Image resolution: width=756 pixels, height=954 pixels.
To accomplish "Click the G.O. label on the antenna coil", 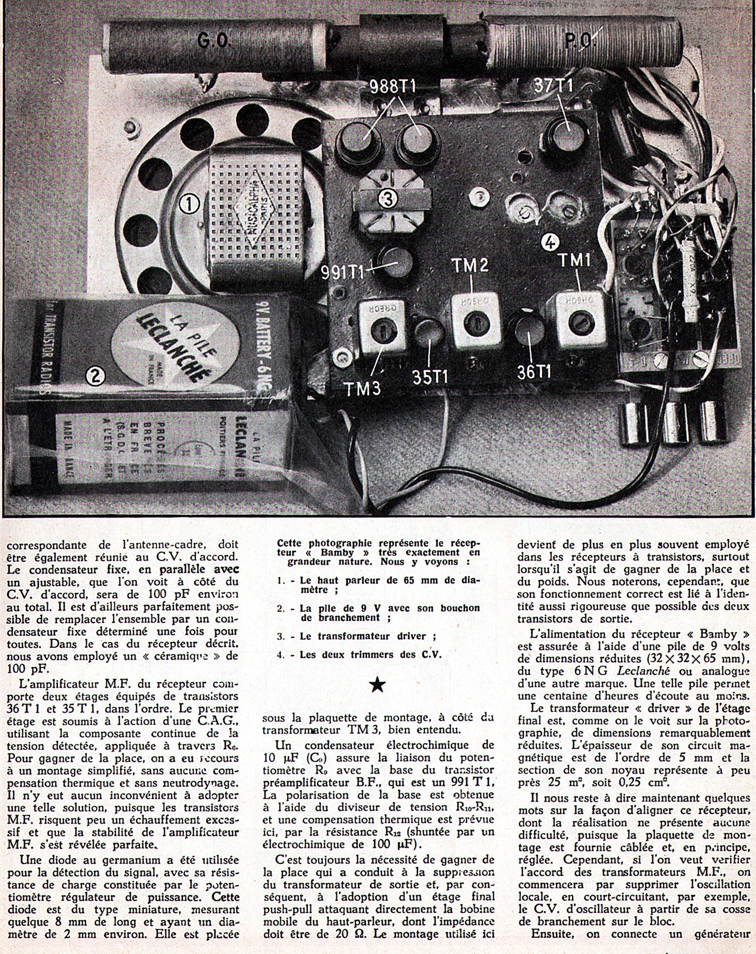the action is point(214,40).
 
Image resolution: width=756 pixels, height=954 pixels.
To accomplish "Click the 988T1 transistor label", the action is point(393,87).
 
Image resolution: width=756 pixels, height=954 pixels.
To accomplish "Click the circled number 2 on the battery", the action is point(95,376).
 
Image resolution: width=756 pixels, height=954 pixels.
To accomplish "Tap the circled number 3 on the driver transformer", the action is point(388,199).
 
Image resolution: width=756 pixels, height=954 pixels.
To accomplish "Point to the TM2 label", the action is point(470,266).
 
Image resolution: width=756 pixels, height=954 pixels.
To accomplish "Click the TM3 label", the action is point(363,388).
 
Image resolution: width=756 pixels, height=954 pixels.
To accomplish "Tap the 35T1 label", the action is point(430,377).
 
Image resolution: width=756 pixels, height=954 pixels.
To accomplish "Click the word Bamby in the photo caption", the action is point(326,552).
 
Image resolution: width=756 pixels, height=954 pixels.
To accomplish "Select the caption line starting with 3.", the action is point(360,636).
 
